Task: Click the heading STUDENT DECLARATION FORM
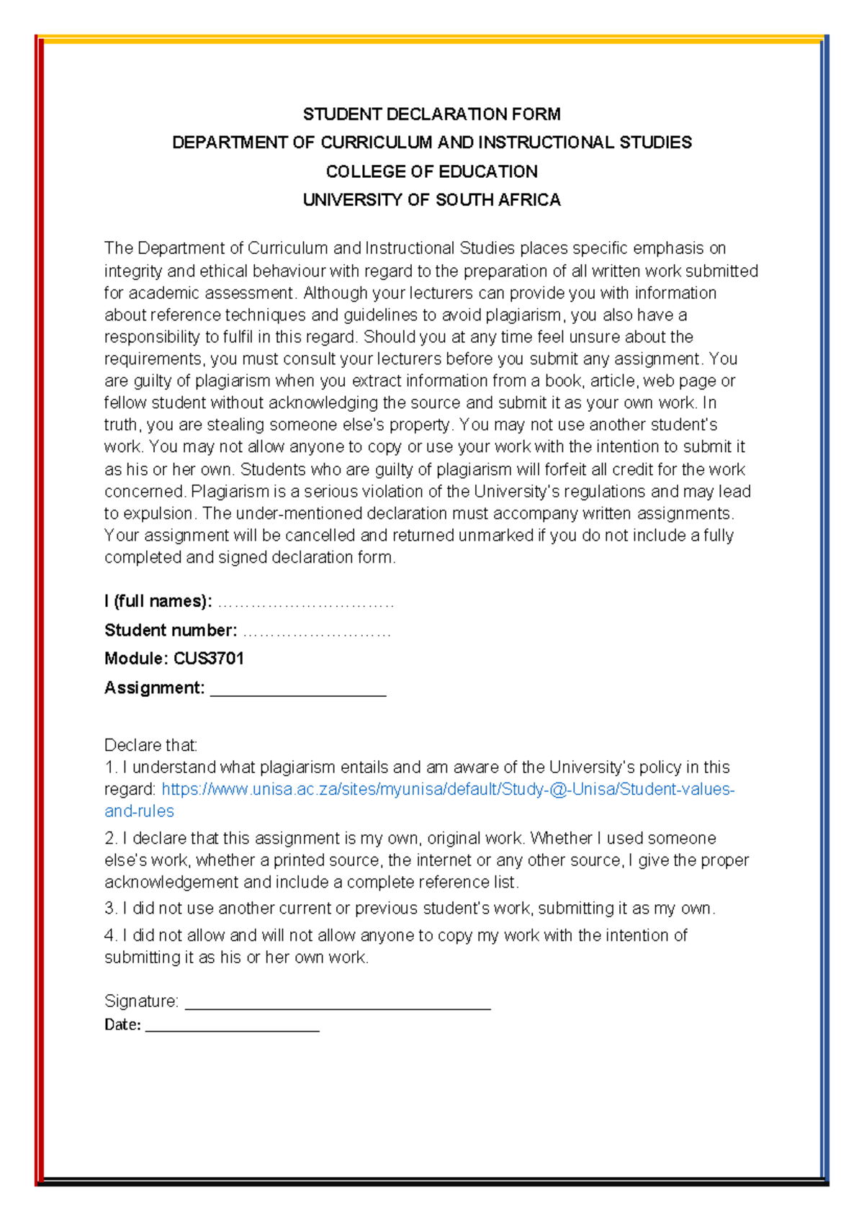tap(431, 114)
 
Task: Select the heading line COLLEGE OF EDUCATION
tap(431, 171)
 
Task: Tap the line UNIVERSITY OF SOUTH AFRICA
tap(431, 199)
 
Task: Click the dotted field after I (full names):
tap(305, 603)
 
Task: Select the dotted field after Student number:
tap(317, 633)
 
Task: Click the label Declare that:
tap(150, 744)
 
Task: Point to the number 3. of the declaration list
tap(110, 909)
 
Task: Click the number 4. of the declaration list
tap(110, 935)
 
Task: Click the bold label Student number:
tap(170, 630)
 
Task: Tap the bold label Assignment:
tap(154, 688)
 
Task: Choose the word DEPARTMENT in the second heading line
tap(230, 143)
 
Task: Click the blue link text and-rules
tap(139, 811)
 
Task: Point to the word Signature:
tap(141, 1001)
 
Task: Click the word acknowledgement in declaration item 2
tap(171, 882)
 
